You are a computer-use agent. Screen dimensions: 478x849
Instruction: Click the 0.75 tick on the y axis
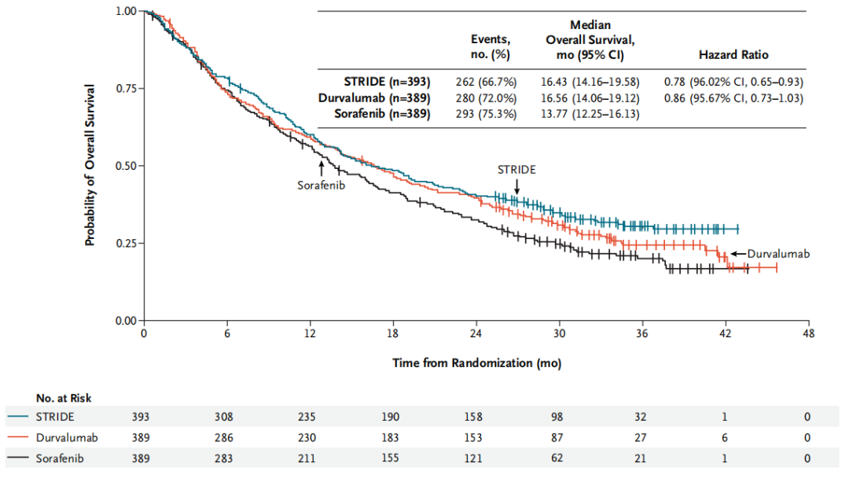pos(126,88)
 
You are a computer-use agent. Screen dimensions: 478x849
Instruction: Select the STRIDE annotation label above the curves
pos(516,169)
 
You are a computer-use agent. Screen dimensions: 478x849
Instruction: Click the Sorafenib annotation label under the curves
pos(321,186)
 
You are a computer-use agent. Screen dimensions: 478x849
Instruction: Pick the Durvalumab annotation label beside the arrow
pos(778,254)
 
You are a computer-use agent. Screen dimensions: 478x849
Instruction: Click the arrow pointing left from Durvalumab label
pos(737,254)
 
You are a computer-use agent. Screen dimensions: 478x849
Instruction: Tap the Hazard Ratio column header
pos(733,55)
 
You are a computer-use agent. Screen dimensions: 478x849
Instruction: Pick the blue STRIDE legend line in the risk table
pos(20,416)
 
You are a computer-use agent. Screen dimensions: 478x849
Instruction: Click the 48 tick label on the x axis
pos(807,332)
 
